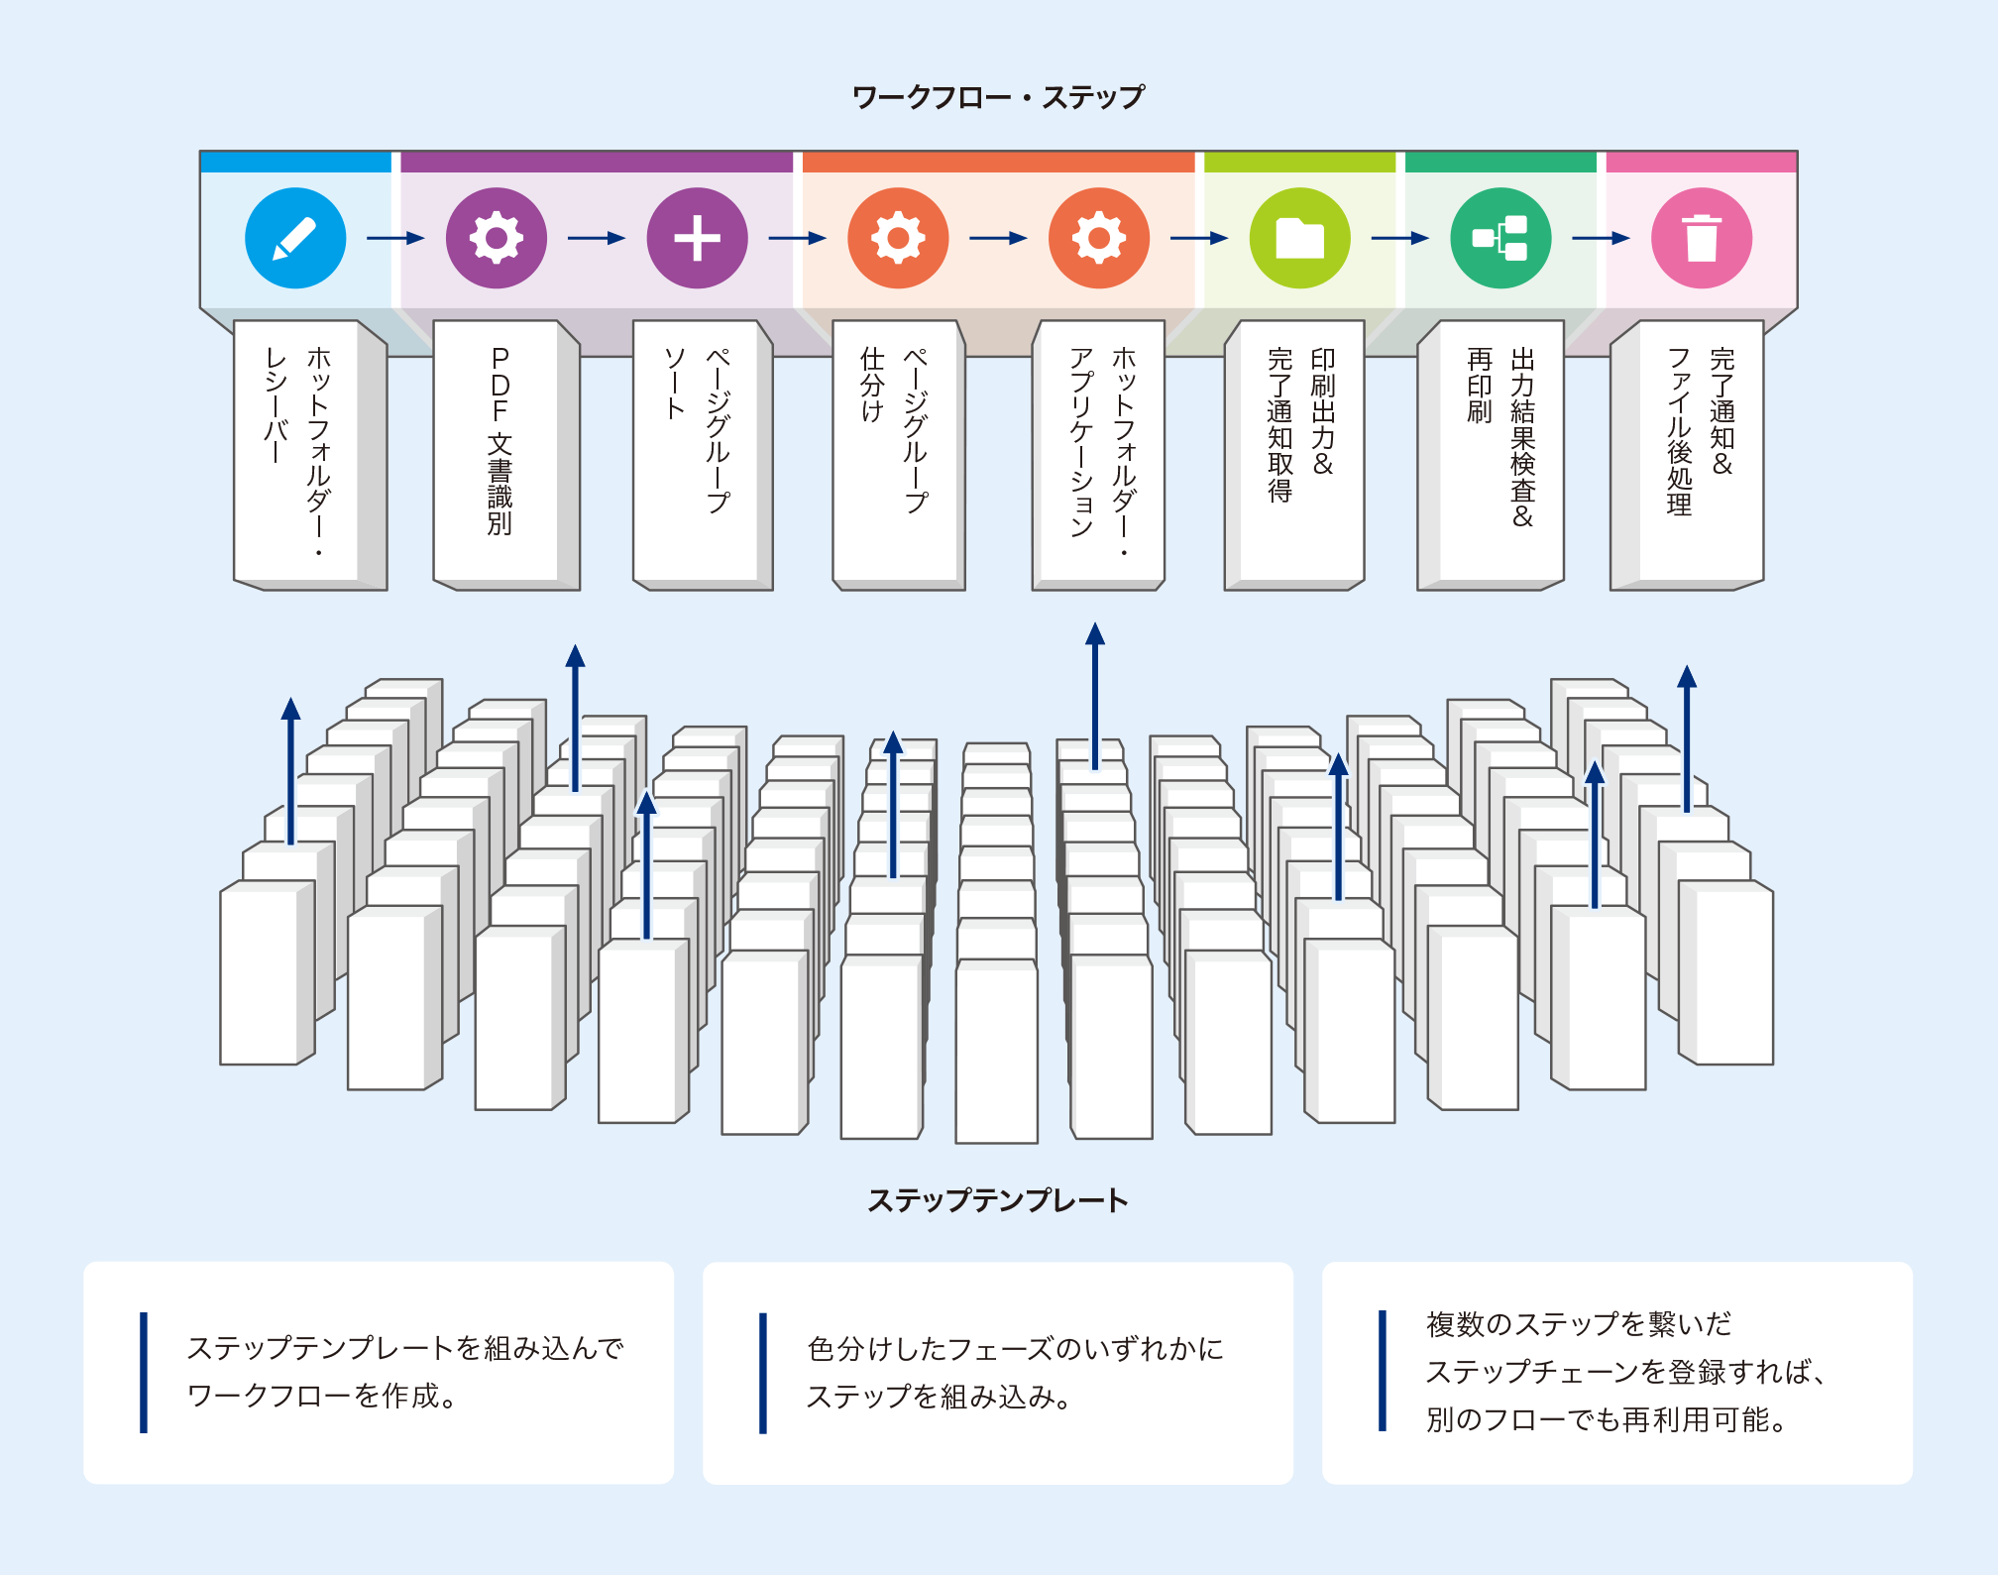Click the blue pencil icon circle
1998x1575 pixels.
(295, 238)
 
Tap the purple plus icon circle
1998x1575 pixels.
(697, 238)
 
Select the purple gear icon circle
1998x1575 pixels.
(496, 238)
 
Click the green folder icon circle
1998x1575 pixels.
(1299, 238)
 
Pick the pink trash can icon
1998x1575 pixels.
(1701, 238)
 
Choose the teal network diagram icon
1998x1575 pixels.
(1500, 238)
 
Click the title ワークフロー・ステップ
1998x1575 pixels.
(998, 97)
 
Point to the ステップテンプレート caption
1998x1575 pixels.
(998, 1200)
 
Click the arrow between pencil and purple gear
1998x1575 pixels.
(395, 238)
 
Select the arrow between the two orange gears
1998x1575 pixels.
(998, 238)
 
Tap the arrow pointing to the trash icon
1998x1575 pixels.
(1601, 238)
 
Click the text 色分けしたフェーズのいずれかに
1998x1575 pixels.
(1016, 1349)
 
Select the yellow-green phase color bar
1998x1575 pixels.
(1299, 163)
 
